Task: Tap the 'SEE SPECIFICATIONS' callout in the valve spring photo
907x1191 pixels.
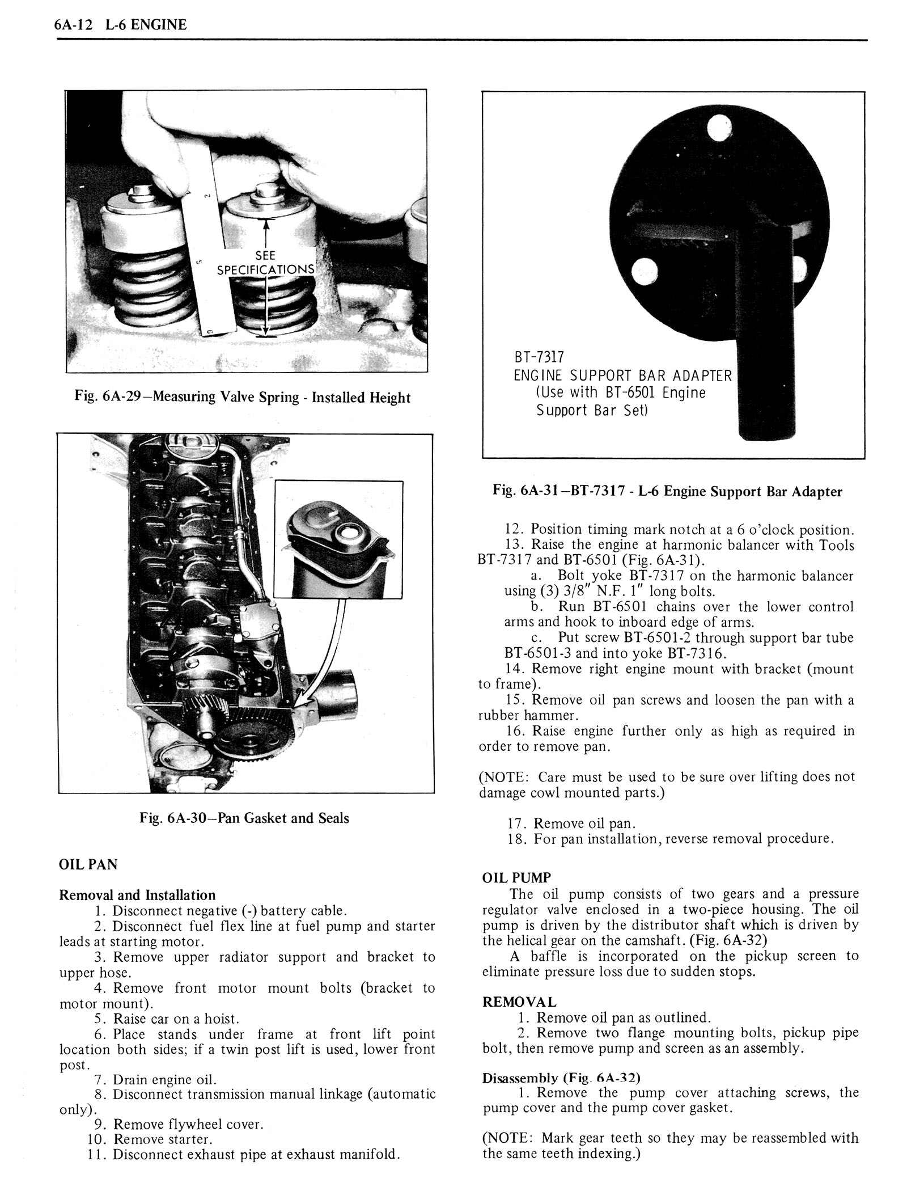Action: tap(265, 263)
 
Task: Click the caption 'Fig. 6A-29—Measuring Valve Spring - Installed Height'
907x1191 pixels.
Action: tap(242, 397)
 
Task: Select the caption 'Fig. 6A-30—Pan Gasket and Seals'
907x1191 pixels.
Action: tap(244, 818)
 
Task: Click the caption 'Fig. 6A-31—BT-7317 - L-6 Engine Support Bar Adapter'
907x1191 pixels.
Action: tap(667, 491)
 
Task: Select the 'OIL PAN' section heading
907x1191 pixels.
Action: tap(88, 864)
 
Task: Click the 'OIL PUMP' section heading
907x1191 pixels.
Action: tap(516, 877)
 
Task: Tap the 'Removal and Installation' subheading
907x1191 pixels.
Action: tap(138, 895)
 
